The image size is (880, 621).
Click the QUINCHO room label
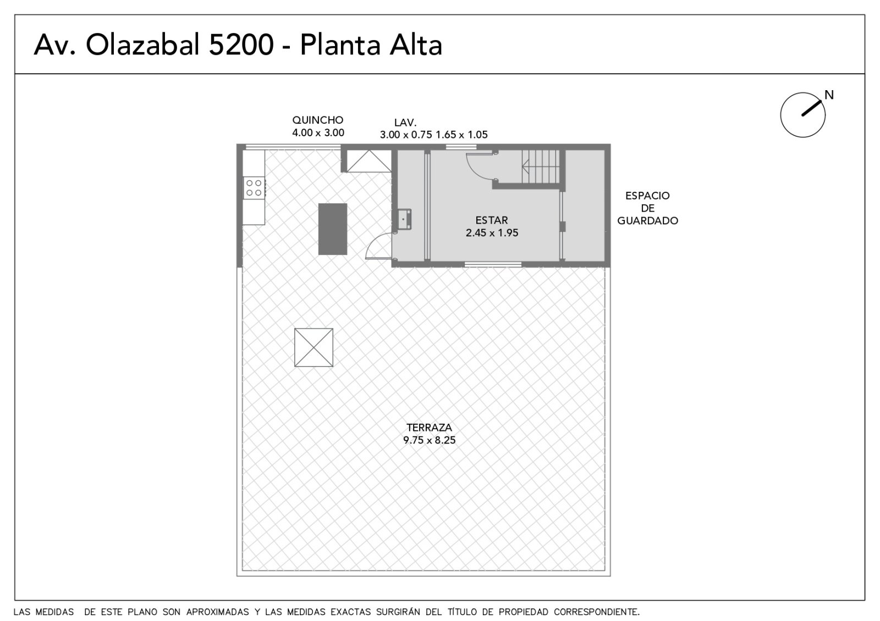317,120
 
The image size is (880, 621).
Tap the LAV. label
405,123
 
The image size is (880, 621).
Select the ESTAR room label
492,220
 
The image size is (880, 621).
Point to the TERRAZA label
429,427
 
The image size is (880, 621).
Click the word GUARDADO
647,220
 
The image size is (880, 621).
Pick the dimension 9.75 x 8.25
429,440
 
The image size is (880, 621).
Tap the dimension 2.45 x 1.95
492,233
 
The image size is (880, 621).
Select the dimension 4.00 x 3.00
318,132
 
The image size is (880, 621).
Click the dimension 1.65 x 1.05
461,135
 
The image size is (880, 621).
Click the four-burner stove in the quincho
254,188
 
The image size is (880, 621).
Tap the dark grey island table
332,229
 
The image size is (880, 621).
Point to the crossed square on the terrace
313,347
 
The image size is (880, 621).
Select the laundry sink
404,219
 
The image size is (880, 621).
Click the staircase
540,167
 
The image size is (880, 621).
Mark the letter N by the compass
829,95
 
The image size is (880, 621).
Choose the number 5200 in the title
241,45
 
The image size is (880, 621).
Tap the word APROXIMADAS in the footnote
218,612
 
